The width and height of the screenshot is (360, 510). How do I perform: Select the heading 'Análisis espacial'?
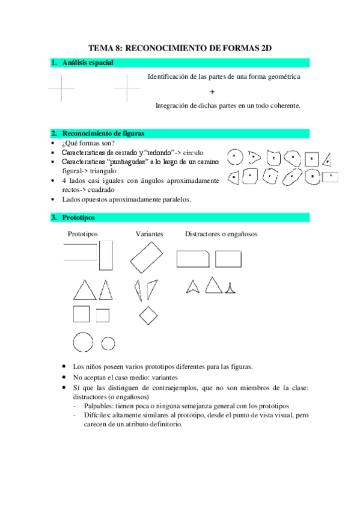[x=87, y=63]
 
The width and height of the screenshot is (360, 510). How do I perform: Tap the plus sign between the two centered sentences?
[x=212, y=91]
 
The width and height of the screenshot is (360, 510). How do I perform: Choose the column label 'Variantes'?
[x=150, y=233]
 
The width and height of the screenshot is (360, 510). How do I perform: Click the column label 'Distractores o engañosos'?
[x=221, y=233]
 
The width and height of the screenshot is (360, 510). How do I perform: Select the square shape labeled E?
[x=311, y=159]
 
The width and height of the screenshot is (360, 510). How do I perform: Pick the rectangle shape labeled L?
[x=330, y=177]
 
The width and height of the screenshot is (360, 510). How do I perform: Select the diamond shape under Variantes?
[x=147, y=315]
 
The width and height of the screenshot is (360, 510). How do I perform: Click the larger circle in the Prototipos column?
[x=83, y=343]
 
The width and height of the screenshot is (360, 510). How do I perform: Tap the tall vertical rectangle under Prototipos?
[x=106, y=256]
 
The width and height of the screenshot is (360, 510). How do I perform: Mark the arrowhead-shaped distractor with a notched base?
[x=192, y=286]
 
